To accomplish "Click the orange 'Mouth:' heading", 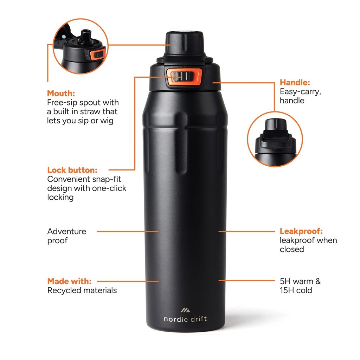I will [61, 94].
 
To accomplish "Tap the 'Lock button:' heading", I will [72, 170].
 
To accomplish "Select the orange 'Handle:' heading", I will [295, 83].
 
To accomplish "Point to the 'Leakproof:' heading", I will [301, 231].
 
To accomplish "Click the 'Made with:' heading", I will [69, 281].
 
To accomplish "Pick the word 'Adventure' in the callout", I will [67, 231].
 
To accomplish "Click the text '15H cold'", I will [296, 290].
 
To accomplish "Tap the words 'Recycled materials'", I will [82, 290].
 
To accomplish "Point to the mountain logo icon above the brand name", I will [185, 310].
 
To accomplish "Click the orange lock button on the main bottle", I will [184, 77].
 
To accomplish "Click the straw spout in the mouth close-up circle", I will [85, 36].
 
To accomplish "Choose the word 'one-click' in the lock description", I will [109, 188].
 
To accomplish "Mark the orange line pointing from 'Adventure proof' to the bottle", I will [128, 231].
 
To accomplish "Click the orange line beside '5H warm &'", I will [246, 281].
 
